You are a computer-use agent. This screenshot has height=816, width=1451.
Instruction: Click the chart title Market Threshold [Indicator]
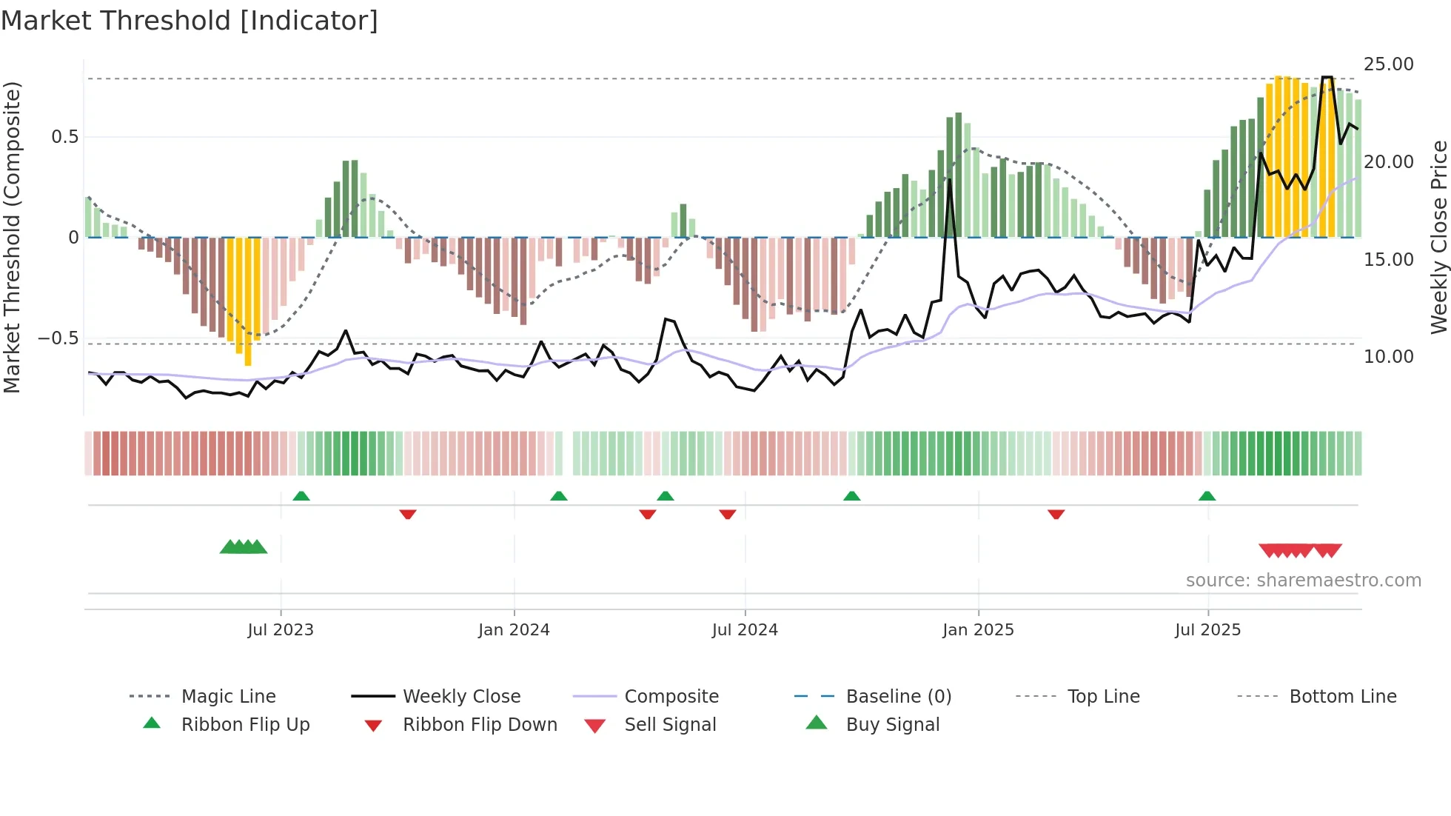pyautogui.click(x=190, y=21)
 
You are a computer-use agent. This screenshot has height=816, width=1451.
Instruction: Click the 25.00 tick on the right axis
pyautogui.click(x=1388, y=64)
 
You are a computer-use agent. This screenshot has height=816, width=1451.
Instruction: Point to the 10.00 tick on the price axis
pyautogui.click(x=1388, y=357)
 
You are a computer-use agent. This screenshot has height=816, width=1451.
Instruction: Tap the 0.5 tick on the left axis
pyautogui.click(x=64, y=137)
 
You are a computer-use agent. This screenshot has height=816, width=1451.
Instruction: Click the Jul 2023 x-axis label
pyautogui.click(x=281, y=630)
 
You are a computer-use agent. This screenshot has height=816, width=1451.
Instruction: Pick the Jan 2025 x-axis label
pyautogui.click(x=978, y=630)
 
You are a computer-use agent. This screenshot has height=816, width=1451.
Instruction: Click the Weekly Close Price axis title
pyautogui.click(x=1438, y=237)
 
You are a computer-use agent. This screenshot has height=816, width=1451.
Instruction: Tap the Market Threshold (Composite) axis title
pyautogui.click(x=12, y=237)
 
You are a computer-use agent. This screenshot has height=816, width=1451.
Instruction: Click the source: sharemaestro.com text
pyautogui.click(x=1303, y=581)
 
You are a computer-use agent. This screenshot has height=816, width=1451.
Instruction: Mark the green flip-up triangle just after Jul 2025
pyautogui.click(x=1207, y=496)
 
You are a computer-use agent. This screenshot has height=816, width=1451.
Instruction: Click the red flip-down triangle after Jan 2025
pyautogui.click(x=1056, y=514)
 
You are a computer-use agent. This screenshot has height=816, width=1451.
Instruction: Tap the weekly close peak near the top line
pyautogui.click(x=1327, y=78)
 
